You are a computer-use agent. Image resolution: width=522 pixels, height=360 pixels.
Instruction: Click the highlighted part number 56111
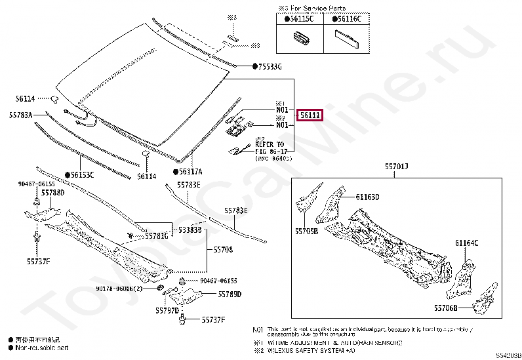coord(310,115)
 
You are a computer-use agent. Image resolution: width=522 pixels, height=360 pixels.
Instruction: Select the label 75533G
coord(270,66)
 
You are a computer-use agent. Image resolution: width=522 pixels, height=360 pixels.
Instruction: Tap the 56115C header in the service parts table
coord(302,20)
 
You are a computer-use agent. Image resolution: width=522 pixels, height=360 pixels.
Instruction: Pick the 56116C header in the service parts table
coord(353,20)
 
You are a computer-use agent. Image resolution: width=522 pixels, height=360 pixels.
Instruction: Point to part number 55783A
coord(21,115)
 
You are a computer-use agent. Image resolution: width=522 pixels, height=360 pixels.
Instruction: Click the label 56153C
coord(83,175)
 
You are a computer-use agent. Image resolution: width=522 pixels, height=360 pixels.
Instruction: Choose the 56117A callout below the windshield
coord(191,172)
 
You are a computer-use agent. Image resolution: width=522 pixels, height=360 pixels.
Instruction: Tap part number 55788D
coord(53,193)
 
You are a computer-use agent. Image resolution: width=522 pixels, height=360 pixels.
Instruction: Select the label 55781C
coord(157,235)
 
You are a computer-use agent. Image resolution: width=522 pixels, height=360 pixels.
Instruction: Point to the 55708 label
coord(223,250)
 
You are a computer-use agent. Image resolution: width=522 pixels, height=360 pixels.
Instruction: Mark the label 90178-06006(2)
coord(119,289)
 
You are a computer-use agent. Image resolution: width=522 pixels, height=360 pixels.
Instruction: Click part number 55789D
coord(230,294)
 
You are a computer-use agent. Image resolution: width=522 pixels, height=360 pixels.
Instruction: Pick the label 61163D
coord(368,197)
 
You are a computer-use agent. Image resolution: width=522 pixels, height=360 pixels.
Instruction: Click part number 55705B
coord(306,231)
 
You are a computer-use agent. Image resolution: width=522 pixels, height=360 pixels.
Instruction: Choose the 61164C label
coord(467,243)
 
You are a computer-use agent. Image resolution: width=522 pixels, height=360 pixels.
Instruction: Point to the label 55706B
coord(446,307)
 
